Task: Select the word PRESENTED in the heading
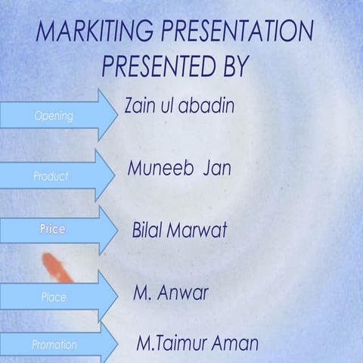click(x=151, y=67)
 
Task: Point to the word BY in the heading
click(x=231, y=67)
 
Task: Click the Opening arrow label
click(x=54, y=116)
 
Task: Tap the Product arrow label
click(x=51, y=176)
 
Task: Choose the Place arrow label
click(x=54, y=297)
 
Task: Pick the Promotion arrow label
click(x=54, y=344)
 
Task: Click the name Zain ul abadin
click(x=179, y=106)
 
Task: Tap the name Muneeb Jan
click(x=178, y=168)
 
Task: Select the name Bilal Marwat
click(x=179, y=231)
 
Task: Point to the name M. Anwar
click(x=170, y=293)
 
